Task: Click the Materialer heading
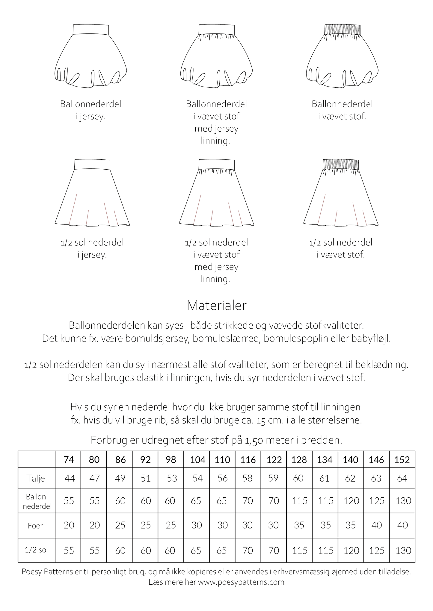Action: (216, 305)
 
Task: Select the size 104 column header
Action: (197, 459)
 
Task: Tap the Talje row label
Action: (36, 478)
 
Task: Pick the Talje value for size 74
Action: (70, 478)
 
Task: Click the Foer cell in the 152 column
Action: (402, 525)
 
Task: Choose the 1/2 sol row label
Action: (37, 550)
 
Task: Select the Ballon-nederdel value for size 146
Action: (376, 501)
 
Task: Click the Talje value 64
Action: (402, 478)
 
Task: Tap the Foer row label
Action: (35, 525)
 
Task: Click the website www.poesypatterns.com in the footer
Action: (241, 582)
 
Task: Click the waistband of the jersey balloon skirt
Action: (91, 29)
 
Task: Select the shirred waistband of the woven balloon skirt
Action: (342, 29)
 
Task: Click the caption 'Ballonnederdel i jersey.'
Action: (91, 110)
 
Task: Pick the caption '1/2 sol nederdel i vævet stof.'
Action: (341, 249)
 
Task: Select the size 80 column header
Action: (94, 459)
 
